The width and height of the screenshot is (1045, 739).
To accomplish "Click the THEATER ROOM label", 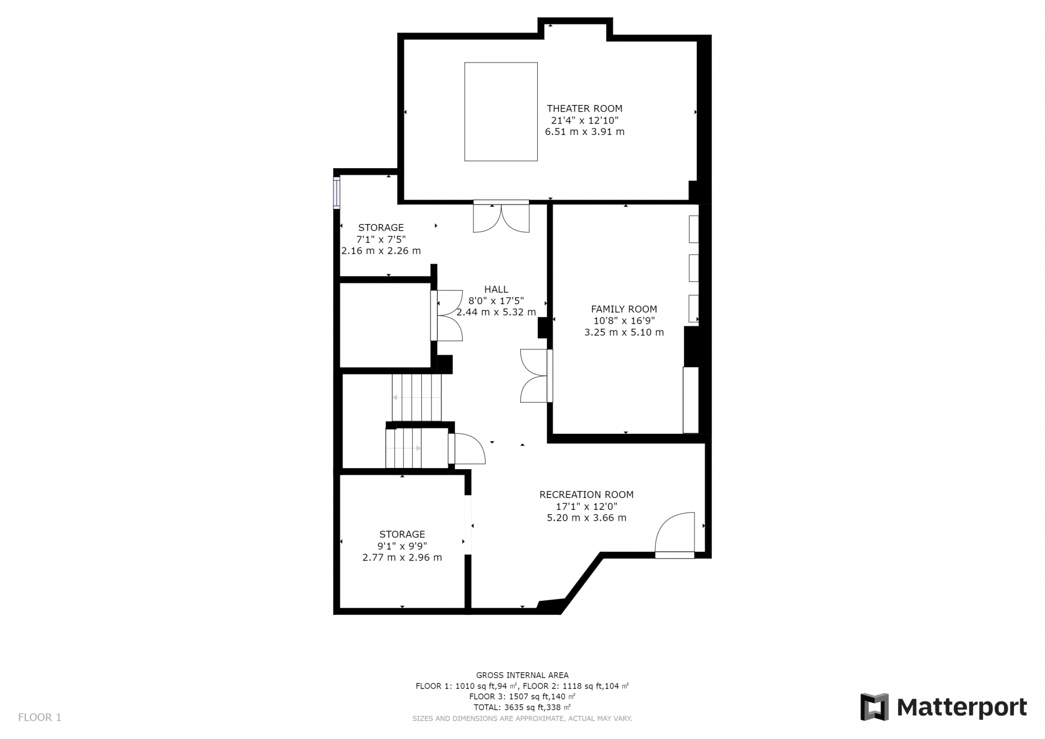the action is (x=585, y=109).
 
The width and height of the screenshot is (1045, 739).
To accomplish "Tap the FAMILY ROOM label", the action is (x=624, y=309).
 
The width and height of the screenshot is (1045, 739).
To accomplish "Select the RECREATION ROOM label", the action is (x=586, y=495).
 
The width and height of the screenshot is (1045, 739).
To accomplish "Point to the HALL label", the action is (x=496, y=290).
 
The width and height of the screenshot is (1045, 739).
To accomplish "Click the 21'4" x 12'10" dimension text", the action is (x=585, y=120).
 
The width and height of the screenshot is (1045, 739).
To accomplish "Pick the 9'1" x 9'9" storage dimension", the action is (x=402, y=546).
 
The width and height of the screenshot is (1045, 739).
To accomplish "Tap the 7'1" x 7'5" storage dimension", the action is (x=381, y=239).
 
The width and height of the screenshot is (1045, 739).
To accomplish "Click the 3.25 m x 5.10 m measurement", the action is (x=624, y=332).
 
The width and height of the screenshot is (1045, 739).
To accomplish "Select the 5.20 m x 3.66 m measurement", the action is (x=586, y=518).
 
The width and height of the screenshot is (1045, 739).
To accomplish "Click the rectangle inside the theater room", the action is (x=501, y=112).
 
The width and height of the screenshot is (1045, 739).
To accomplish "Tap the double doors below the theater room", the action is (x=501, y=217).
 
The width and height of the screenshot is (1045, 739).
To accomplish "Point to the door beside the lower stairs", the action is (x=467, y=448).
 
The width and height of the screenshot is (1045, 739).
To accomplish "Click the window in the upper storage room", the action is (x=337, y=193).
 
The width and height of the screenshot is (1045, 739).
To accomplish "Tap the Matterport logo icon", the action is (x=874, y=707).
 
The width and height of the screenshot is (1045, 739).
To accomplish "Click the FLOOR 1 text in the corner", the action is (x=40, y=717).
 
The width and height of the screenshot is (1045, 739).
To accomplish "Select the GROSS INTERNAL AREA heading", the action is (x=522, y=675).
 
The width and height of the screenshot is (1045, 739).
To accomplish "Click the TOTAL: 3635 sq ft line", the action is (x=522, y=707).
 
